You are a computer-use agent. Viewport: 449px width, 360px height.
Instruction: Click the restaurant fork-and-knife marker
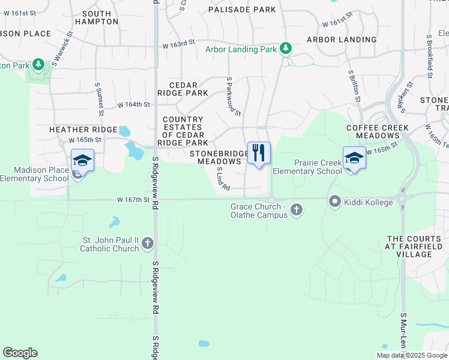tap(259, 154)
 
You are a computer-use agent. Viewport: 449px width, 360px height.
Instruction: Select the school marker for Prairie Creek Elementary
tap(354, 159)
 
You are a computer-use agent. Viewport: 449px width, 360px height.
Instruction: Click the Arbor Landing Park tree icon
tap(287, 48)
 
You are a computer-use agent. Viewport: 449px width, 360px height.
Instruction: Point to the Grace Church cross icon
tap(295, 210)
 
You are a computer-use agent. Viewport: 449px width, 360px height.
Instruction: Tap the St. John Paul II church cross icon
tap(148, 244)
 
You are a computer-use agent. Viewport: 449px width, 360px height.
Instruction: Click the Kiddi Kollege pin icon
tap(334, 202)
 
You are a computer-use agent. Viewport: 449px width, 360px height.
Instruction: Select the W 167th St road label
tap(133, 200)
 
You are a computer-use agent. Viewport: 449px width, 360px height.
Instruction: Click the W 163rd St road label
tap(179, 45)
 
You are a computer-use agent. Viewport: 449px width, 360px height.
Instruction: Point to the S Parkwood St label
tap(233, 96)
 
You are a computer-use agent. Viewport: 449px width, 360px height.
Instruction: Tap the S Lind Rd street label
tap(223, 179)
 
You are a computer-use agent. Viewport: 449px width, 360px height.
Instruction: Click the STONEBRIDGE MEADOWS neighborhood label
tap(219, 157)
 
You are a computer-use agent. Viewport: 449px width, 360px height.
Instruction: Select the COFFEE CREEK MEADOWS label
tap(378, 132)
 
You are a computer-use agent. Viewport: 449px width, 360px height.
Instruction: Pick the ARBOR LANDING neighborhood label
tap(342, 40)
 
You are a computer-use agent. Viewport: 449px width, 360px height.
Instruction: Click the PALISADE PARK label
tap(242, 10)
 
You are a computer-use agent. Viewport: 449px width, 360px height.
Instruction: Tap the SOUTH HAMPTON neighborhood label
tap(97, 17)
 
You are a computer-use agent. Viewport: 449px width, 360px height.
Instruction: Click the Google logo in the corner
tap(20, 353)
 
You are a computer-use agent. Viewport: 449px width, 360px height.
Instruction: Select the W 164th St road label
tap(133, 104)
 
